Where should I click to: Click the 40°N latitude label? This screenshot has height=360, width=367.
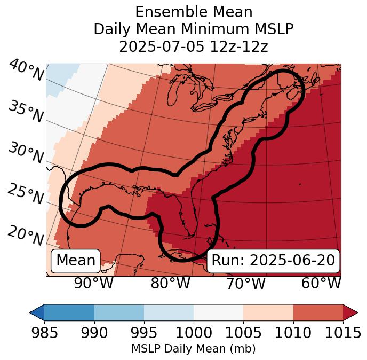(x=26, y=71)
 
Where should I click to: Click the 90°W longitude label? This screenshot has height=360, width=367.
(x=94, y=283)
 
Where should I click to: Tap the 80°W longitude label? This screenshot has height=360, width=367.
(x=170, y=283)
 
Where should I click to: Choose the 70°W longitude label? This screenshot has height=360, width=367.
(x=245, y=283)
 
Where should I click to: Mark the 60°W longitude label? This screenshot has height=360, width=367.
(x=321, y=283)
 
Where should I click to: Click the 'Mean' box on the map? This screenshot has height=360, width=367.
(x=76, y=261)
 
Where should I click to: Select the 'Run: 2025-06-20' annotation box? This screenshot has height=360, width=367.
(x=273, y=261)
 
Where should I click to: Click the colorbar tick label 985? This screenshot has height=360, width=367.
(x=44, y=333)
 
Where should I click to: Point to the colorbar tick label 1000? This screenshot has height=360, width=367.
(x=194, y=333)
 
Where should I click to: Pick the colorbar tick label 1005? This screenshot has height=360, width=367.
(x=243, y=333)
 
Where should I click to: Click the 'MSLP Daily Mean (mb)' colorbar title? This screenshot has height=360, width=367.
(x=193, y=349)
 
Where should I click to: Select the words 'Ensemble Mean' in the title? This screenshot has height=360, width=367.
(x=194, y=12)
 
